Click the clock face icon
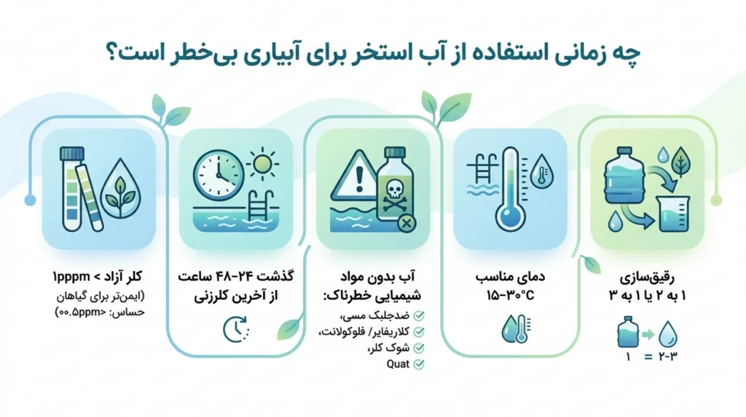[218, 176]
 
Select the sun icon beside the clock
[262, 164]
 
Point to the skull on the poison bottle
[394, 191]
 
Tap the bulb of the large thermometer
[510, 217]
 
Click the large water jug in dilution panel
[624, 175]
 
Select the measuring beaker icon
[672, 214]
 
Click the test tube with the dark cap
[72, 189]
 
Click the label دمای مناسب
[510, 276]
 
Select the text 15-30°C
[510, 295]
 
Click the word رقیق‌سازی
[647, 276]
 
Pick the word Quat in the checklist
[398, 365]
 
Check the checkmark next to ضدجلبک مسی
[419, 316]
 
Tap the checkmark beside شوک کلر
[419, 348]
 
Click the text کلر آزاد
[125, 276]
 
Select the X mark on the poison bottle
[407, 222]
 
